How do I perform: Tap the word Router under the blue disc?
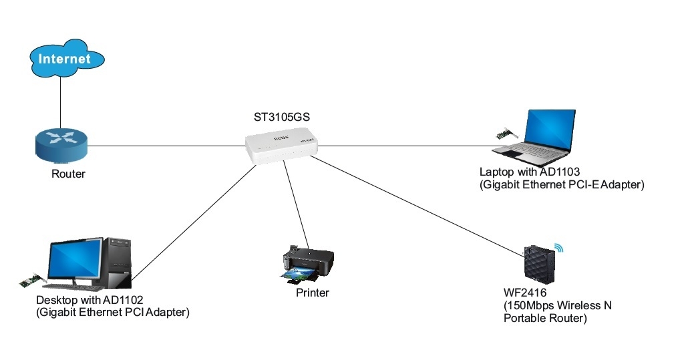click(x=68, y=174)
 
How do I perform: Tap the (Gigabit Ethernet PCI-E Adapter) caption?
click(x=561, y=185)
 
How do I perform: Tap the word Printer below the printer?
click(x=313, y=293)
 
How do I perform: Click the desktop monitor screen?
click(x=73, y=258)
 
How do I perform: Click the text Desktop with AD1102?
click(x=90, y=299)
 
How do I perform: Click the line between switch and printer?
click(x=295, y=204)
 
